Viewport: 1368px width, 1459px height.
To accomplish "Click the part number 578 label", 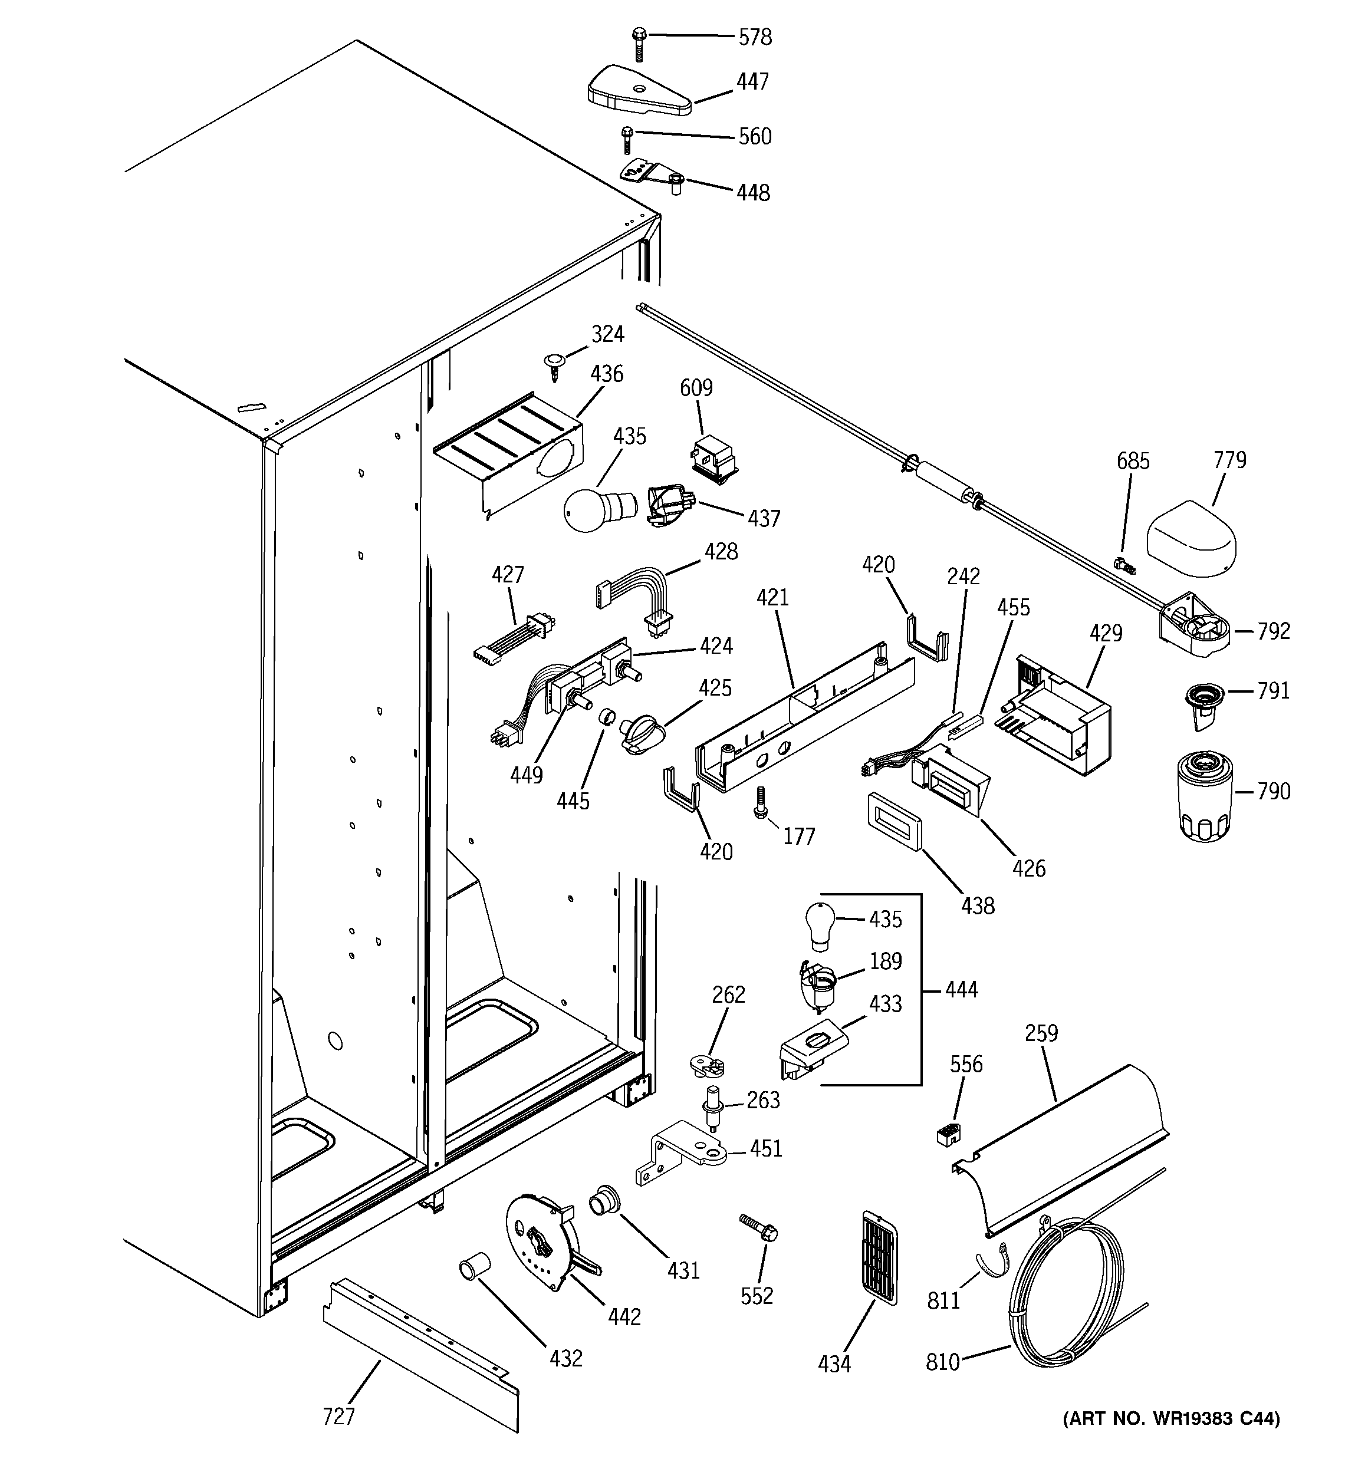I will click(x=754, y=37).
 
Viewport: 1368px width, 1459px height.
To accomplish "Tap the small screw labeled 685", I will click(x=1125, y=566).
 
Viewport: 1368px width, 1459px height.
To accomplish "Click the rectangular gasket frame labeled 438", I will click(x=895, y=821).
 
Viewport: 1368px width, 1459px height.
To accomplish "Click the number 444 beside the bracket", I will click(x=961, y=990).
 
